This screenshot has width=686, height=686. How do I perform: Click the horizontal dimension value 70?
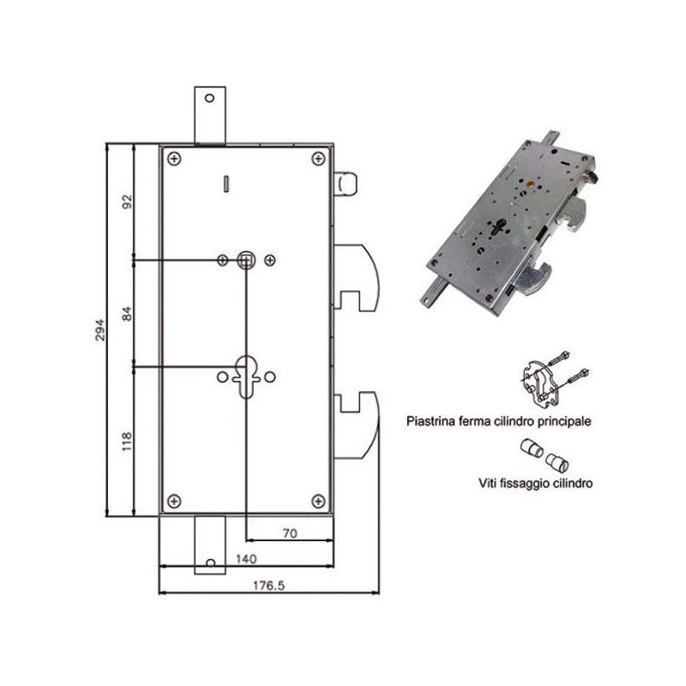pyautogui.click(x=289, y=533)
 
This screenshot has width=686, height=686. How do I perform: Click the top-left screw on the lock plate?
pyautogui.click(x=175, y=158)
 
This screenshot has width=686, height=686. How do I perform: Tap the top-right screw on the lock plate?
pyautogui.click(x=318, y=158)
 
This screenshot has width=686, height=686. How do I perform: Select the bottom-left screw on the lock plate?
pyautogui.click(x=175, y=501)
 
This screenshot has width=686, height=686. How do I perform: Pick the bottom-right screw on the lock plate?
pyautogui.click(x=318, y=501)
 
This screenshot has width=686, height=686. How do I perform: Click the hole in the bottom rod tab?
pyautogui.click(x=208, y=563)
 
